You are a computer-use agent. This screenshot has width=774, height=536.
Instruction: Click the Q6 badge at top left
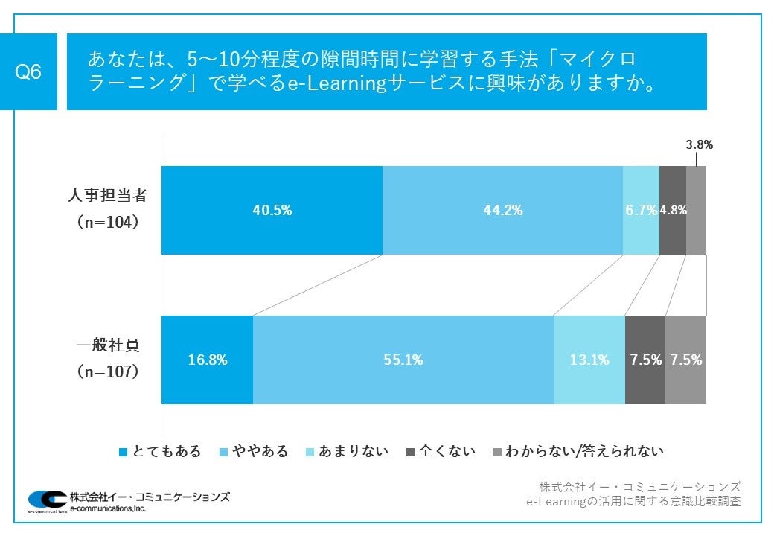click(29, 72)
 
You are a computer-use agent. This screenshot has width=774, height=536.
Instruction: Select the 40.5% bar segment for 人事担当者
click(272, 210)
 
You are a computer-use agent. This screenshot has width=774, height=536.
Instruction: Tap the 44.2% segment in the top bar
click(502, 210)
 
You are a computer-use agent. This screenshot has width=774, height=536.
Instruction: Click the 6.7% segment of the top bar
click(641, 210)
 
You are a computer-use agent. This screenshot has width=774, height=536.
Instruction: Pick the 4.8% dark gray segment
click(673, 210)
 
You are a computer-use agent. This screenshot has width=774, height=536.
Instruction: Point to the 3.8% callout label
click(699, 145)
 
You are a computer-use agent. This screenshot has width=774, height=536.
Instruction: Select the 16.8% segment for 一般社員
click(207, 360)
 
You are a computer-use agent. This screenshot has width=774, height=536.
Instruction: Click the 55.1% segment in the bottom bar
click(403, 360)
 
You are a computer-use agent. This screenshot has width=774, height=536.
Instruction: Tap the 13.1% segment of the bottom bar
click(589, 360)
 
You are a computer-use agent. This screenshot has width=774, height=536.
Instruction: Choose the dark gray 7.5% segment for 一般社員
click(645, 360)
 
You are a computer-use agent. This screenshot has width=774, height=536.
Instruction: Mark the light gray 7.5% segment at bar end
click(685, 360)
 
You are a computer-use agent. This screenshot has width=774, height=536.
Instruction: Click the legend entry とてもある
click(160, 451)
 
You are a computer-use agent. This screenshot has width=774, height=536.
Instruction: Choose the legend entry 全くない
click(441, 451)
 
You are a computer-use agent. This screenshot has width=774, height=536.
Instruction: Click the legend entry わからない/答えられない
click(578, 451)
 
